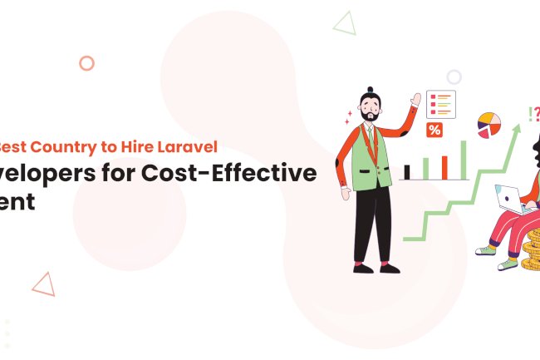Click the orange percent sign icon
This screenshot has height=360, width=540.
434,130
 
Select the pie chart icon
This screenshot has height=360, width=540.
489,126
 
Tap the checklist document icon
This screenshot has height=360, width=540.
442,105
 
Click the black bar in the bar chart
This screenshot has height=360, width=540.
406,171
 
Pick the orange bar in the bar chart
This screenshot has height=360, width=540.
444,167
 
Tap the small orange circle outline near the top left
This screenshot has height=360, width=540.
86,63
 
